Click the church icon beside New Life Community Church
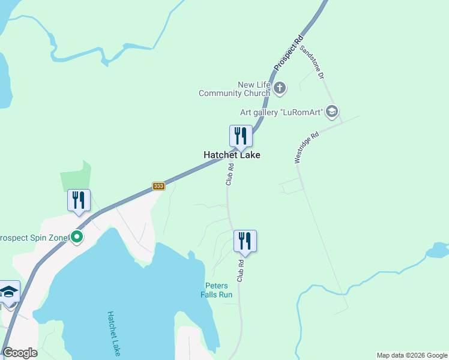point(279,89)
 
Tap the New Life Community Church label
point(235,89)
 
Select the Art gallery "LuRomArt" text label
point(282,112)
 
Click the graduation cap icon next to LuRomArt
point(333,112)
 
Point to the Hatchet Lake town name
point(232,155)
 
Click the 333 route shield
point(158,186)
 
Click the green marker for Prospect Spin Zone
point(76,237)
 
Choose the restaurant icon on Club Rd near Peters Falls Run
point(245,241)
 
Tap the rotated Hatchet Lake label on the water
point(114,334)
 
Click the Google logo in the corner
point(20,353)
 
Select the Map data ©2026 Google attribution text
point(412,355)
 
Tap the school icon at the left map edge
point(9,292)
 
